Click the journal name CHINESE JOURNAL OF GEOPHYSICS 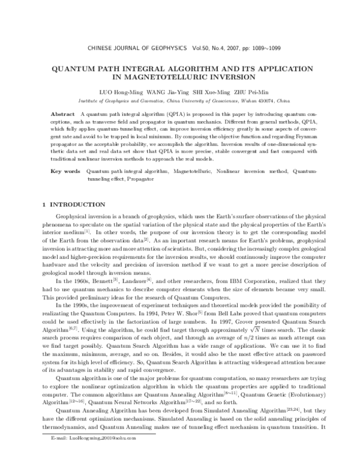[x=139, y=47]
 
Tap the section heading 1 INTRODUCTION [x=71, y=205]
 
